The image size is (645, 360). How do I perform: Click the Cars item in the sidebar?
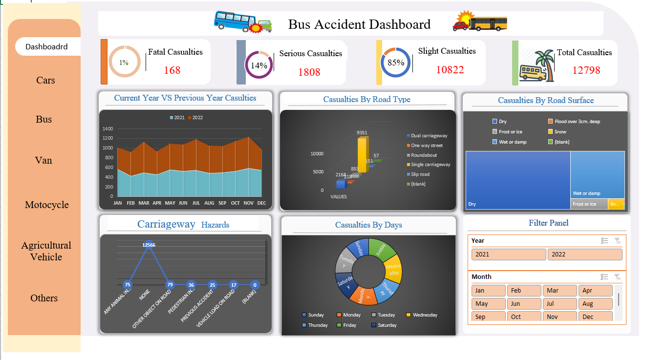(45, 80)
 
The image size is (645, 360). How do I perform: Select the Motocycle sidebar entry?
(47, 205)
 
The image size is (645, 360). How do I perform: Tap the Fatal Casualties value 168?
(172, 70)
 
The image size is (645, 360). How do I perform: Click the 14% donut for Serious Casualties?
(259, 65)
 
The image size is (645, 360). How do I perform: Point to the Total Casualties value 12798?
(586, 70)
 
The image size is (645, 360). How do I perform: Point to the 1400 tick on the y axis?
(107, 129)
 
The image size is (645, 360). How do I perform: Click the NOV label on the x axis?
(248, 203)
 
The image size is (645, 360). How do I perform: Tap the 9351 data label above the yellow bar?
(362, 132)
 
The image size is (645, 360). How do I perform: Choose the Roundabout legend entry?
(424, 155)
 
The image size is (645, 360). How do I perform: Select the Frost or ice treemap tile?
(589, 204)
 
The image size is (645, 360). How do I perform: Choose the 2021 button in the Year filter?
(508, 254)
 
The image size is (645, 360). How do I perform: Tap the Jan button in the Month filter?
(488, 291)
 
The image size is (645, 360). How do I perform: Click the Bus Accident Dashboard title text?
(359, 24)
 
